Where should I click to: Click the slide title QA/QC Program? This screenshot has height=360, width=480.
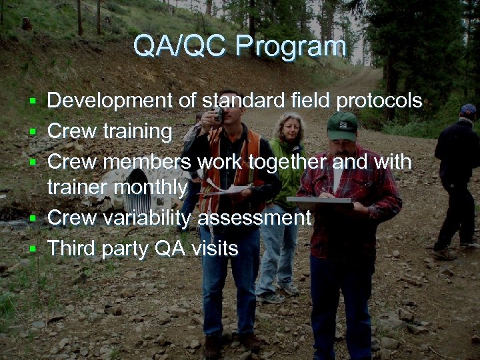239,47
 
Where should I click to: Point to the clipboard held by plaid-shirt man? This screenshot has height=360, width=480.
320,199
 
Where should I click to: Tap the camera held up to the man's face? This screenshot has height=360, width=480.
219,115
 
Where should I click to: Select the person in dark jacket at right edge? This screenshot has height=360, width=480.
458,180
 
